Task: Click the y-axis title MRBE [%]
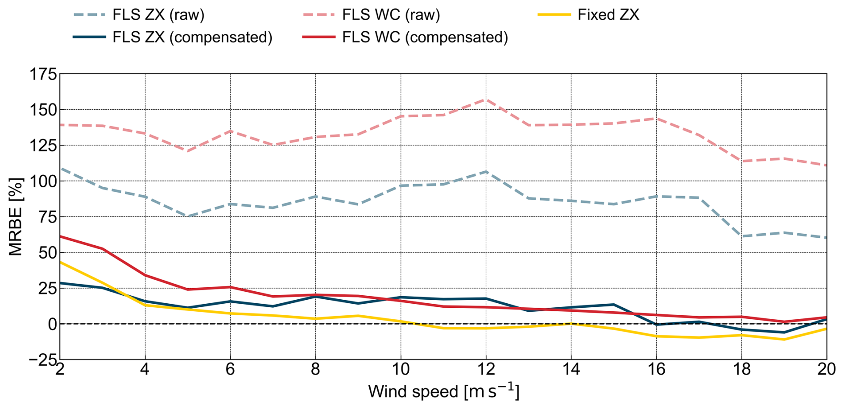16,217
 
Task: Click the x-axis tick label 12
486,369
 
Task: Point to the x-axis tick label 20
826,369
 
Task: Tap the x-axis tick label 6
230,369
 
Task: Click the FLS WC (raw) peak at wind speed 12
486,99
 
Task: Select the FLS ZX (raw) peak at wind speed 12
486,171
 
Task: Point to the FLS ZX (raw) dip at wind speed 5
188,216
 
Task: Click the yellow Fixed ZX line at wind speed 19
784,339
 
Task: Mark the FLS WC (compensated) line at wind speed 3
103,249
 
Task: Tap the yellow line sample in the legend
554,15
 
